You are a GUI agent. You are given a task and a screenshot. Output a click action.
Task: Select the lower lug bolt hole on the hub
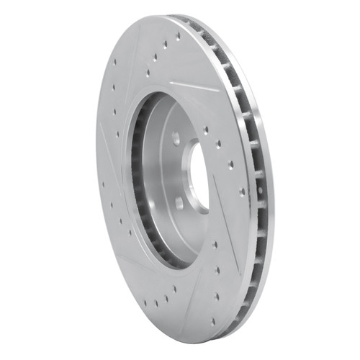179,203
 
